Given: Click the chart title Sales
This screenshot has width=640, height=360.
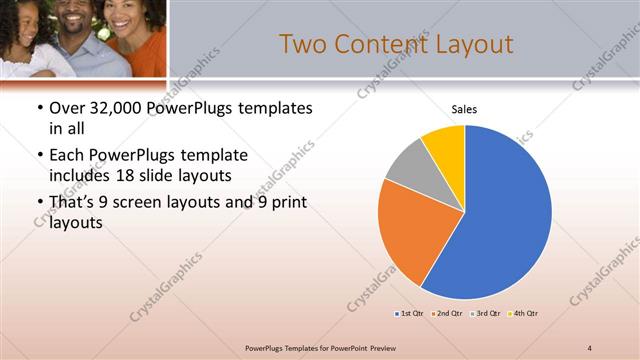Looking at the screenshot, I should (x=465, y=108).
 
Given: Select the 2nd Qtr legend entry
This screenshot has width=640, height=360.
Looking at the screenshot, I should (x=446, y=314).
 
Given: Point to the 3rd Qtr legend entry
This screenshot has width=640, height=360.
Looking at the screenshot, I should (x=484, y=314).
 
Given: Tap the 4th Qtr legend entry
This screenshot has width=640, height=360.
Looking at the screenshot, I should (x=522, y=314).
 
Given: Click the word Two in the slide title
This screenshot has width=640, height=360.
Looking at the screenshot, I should (x=303, y=44).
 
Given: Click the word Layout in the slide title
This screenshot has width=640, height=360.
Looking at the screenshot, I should (x=472, y=44).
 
